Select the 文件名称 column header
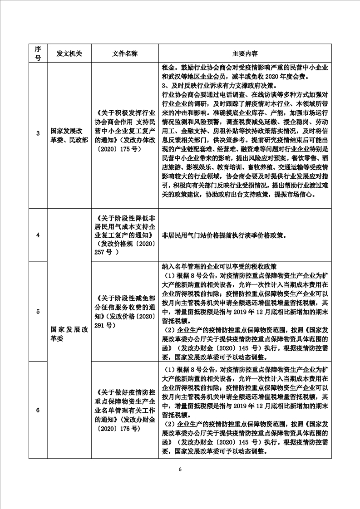click(x=125, y=53)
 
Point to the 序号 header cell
click(x=38, y=53)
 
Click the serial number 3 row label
click(x=38, y=133)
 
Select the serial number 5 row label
click(x=38, y=311)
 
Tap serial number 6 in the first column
click(x=38, y=410)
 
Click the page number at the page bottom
click(x=180, y=469)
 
